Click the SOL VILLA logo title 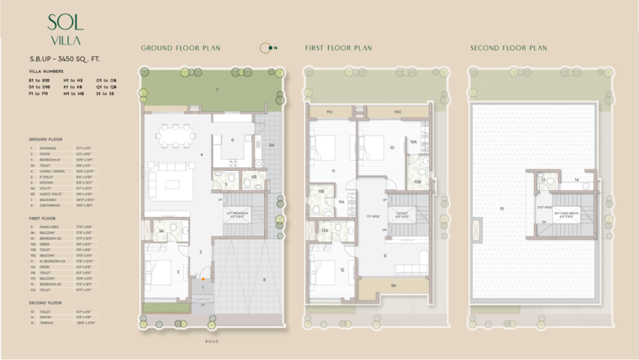[65, 29]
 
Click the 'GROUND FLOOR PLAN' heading [181, 48]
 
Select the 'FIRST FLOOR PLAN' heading [338, 48]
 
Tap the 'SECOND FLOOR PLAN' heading [508, 48]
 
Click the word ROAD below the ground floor [212, 341]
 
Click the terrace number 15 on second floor [502, 209]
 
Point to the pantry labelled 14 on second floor [577, 180]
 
